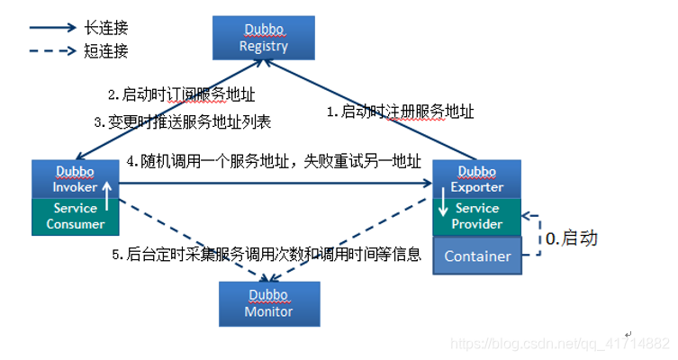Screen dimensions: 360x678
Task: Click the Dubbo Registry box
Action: point(264,37)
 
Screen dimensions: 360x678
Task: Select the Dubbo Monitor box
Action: point(268,303)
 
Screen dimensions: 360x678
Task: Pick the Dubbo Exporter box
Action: point(476,177)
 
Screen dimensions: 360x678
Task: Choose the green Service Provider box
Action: point(476,217)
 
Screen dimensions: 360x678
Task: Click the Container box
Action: point(477,256)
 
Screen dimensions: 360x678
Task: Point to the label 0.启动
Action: point(571,238)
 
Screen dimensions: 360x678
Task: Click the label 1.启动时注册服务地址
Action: point(400,112)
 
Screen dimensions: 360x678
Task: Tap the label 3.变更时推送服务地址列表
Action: point(183,121)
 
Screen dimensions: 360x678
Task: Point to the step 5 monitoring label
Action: point(267,255)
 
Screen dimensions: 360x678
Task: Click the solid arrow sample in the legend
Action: point(53,28)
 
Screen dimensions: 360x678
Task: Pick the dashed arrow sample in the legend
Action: point(53,50)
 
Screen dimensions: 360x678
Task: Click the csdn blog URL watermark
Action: point(559,344)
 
